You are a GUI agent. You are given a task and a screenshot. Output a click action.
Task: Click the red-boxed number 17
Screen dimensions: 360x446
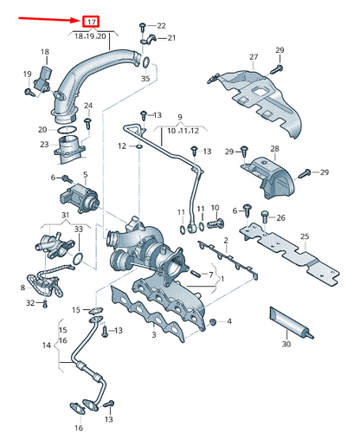pos(91,22)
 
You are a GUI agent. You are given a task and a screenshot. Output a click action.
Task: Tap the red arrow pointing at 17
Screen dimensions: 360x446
pos(48,19)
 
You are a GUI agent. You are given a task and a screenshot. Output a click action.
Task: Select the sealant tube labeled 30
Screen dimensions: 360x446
pos(292,323)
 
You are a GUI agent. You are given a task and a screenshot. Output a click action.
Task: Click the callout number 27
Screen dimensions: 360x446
pos(254,57)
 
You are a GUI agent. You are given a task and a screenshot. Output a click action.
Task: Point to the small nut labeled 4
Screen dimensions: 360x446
pos(213,322)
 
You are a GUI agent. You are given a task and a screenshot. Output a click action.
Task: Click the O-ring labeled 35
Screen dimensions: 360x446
pos(146,61)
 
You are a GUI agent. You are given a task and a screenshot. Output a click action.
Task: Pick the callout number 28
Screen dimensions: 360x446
pos(274,149)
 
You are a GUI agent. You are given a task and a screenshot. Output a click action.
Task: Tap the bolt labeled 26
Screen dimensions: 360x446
pos(265,216)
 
